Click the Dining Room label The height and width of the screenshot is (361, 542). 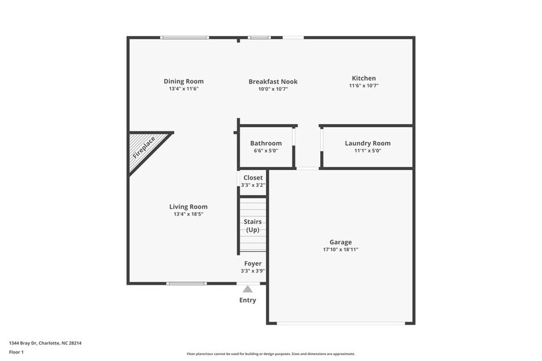tap(183, 81)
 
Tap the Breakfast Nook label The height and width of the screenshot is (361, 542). tap(273, 81)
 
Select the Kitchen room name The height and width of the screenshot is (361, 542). tap(364, 78)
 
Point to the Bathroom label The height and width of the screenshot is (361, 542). tap(266, 143)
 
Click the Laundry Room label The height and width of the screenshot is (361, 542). tap(367, 143)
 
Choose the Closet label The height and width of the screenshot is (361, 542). tap(253, 177)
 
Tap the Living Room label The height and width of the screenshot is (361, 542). tap(189, 206)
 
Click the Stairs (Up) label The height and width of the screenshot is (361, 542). tap(253, 225)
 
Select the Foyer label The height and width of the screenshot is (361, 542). tap(253, 263)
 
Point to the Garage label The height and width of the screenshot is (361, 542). tap(340, 242)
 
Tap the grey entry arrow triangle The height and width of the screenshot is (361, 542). tap(247, 289)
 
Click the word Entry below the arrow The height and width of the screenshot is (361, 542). tap(248, 300)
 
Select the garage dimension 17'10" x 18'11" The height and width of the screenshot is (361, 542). tap(340, 250)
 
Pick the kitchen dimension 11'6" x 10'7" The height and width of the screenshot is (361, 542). tap(364, 86)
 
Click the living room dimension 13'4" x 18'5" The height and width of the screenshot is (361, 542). tap(189, 214)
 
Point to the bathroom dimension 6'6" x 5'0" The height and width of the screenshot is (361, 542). tap(266, 150)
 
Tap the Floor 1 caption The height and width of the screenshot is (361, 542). tap(17, 352)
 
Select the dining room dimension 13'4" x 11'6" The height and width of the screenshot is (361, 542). tap(183, 89)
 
